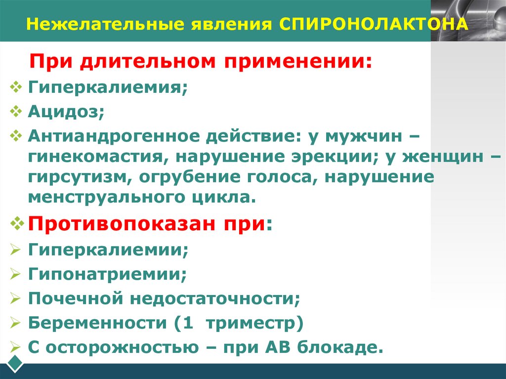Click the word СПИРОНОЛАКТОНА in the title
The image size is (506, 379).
point(374,24)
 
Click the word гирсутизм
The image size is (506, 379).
point(76,177)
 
